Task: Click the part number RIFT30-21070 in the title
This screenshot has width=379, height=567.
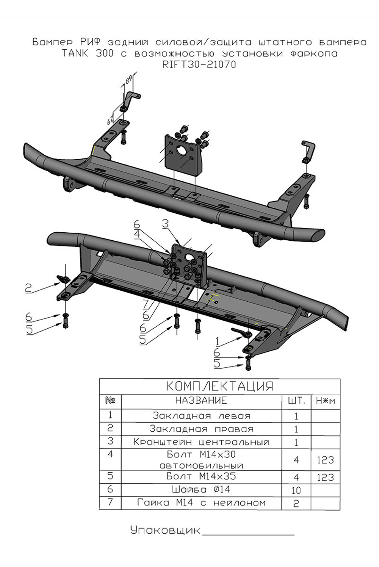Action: (x=199, y=65)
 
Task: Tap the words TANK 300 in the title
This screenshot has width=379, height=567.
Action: (x=87, y=53)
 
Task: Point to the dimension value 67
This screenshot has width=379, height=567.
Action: (x=110, y=121)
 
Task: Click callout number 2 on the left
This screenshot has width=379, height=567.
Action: (x=28, y=288)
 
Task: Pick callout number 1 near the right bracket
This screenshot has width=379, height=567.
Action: (x=217, y=342)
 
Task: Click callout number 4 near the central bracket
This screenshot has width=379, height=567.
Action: (x=137, y=234)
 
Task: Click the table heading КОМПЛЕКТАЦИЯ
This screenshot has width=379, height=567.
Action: (x=219, y=386)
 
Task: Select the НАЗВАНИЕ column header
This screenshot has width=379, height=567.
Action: (x=201, y=401)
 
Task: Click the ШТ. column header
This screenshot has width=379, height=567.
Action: (x=296, y=401)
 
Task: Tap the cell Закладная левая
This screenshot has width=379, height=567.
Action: (x=201, y=416)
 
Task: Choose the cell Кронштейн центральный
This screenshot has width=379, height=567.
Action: (x=201, y=442)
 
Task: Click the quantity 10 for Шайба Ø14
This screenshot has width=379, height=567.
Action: (x=296, y=490)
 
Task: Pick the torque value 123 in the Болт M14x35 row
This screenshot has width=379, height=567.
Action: (x=325, y=477)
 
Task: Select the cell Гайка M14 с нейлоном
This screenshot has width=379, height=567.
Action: (x=201, y=503)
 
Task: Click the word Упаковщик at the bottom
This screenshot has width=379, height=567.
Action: (x=165, y=530)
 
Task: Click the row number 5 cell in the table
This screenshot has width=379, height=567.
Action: (x=110, y=476)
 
